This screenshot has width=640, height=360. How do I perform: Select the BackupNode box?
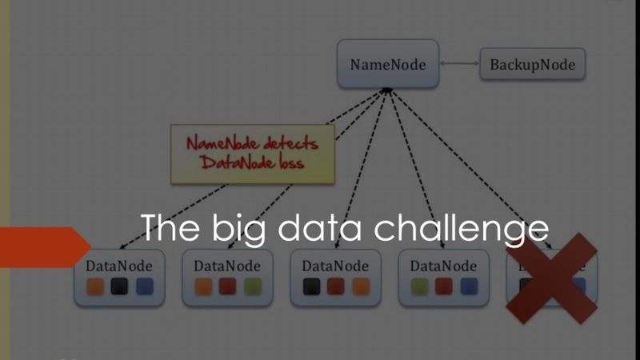(x=532, y=65)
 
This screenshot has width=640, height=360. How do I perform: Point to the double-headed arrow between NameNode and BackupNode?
(x=458, y=64)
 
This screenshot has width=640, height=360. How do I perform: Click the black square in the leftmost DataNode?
(x=120, y=286)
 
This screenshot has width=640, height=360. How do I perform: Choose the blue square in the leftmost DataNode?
(x=144, y=286)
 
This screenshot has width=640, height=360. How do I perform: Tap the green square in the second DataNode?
(x=252, y=286)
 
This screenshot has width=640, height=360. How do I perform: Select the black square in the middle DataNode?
(x=312, y=286)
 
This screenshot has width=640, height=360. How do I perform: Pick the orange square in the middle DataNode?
(x=360, y=286)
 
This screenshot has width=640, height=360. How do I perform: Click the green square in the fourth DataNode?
(x=420, y=286)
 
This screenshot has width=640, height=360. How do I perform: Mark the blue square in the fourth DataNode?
(x=468, y=286)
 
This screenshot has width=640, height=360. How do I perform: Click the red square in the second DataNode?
(x=228, y=286)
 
